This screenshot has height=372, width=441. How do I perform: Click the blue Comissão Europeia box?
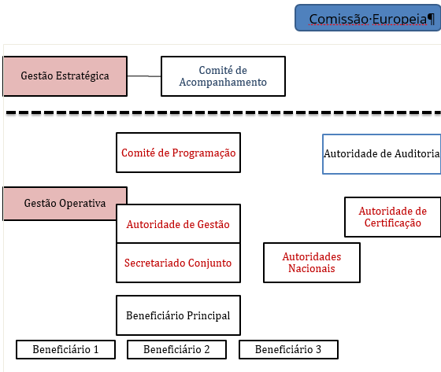[368, 18]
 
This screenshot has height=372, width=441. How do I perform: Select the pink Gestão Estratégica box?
[65, 76]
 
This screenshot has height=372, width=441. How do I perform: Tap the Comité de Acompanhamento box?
[224, 76]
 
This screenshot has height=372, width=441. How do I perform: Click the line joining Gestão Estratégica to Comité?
[144, 76]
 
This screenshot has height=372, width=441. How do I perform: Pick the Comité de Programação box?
[178, 153]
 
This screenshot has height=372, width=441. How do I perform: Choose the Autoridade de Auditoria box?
[382, 154]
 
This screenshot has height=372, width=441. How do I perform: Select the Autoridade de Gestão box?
[178, 223]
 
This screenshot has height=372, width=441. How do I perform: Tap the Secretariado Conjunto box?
[178, 263]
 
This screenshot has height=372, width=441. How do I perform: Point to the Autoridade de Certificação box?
[393, 217]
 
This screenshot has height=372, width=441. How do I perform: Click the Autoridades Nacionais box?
[312, 263]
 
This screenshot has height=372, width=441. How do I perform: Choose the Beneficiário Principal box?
[178, 315]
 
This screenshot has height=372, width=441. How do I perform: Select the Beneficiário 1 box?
[66, 349]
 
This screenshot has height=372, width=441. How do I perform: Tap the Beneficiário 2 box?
[176, 349]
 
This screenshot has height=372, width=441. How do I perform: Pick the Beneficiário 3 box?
[288, 349]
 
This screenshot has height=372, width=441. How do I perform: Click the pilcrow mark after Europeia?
[431, 19]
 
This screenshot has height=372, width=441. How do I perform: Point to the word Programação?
[204, 153]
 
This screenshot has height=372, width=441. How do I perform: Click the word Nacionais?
[312, 269]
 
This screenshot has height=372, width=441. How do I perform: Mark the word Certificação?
[393, 223]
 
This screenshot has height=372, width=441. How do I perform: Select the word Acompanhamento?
[223, 83]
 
